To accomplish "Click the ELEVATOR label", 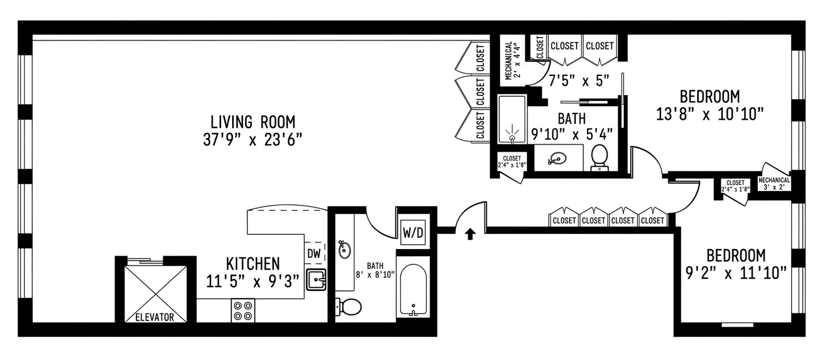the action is point(155,317).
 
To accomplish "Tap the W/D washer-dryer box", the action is point(413,232).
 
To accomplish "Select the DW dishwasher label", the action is point(314,253).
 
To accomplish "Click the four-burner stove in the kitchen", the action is point(243,311).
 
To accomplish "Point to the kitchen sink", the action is point(316,280).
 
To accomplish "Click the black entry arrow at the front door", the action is point(471,234).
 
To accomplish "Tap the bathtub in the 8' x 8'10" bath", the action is point(413,290).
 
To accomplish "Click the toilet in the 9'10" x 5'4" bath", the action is point(600,158).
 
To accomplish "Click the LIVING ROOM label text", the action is point(253,122).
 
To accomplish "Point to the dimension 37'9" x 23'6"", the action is point(253,139).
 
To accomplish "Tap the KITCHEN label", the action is point(253,264).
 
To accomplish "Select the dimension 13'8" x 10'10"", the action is point(710,114).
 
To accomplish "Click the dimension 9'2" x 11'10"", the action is point(736,273).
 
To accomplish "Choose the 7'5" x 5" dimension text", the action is point(579,80).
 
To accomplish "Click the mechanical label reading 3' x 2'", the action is point(774,184).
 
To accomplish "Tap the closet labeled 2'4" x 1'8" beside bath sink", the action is point(512,162).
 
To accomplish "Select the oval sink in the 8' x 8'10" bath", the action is point(344,250).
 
